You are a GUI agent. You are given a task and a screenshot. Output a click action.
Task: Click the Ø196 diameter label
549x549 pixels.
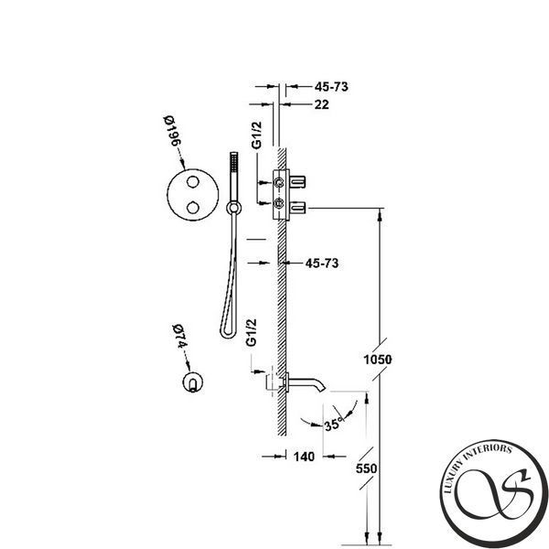tap(173, 131)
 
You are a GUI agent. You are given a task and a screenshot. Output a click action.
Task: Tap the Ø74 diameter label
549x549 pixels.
tap(180, 337)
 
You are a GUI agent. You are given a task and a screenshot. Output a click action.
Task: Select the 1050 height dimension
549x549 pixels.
tap(377, 360)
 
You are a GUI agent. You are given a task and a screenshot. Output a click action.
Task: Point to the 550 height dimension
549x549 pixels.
tap(366, 468)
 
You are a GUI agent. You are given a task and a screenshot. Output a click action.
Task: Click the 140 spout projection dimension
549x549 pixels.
tap(304, 457)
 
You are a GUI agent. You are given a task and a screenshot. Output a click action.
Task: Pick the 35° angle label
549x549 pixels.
tap(332, 425)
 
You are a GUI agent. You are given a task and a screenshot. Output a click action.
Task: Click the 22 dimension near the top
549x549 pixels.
tap(321, 104)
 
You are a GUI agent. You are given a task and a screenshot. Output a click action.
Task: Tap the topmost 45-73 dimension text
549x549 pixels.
tap(331, 87)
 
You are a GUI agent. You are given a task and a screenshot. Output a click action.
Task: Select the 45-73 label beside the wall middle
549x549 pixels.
tap(322, 263)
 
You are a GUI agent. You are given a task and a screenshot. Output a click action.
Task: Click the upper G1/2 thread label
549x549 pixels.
tap(256, 135)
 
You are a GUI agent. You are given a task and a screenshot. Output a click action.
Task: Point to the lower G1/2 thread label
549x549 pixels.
tap(252, 333)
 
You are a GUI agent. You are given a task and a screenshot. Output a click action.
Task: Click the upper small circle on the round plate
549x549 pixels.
tap(193, 182)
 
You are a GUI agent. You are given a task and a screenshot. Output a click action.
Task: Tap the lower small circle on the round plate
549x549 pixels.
tap(193, 208)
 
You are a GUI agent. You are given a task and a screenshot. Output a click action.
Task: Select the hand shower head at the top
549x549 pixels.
tap(234, 163)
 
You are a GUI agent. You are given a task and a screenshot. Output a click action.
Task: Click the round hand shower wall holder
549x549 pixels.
tap(233, 208)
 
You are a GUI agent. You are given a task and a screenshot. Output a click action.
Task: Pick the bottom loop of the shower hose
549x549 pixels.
tap(228, 334)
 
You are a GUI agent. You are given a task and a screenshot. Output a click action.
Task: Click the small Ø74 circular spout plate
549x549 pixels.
tap(193, 382)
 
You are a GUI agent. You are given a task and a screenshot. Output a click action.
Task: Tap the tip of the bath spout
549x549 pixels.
tap(324, 389)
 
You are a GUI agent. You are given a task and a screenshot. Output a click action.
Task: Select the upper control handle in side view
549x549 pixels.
tap(297, 182)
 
